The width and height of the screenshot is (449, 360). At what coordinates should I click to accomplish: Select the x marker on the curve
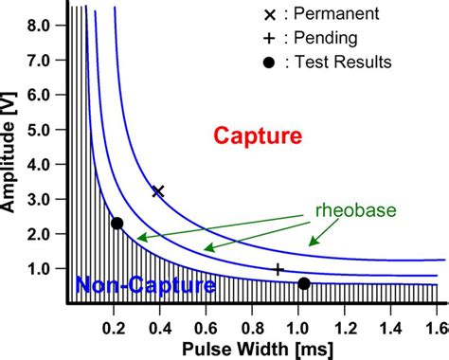(x=158, y=191)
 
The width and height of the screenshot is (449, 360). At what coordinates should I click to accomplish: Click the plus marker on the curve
(x=278, y=270)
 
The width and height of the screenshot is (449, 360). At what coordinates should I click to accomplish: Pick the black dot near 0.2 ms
(x=117, y=224)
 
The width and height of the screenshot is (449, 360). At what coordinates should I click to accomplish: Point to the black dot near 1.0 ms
(x=304, y=283)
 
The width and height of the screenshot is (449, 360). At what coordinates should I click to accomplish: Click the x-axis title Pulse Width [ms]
(x=248, y=347)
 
